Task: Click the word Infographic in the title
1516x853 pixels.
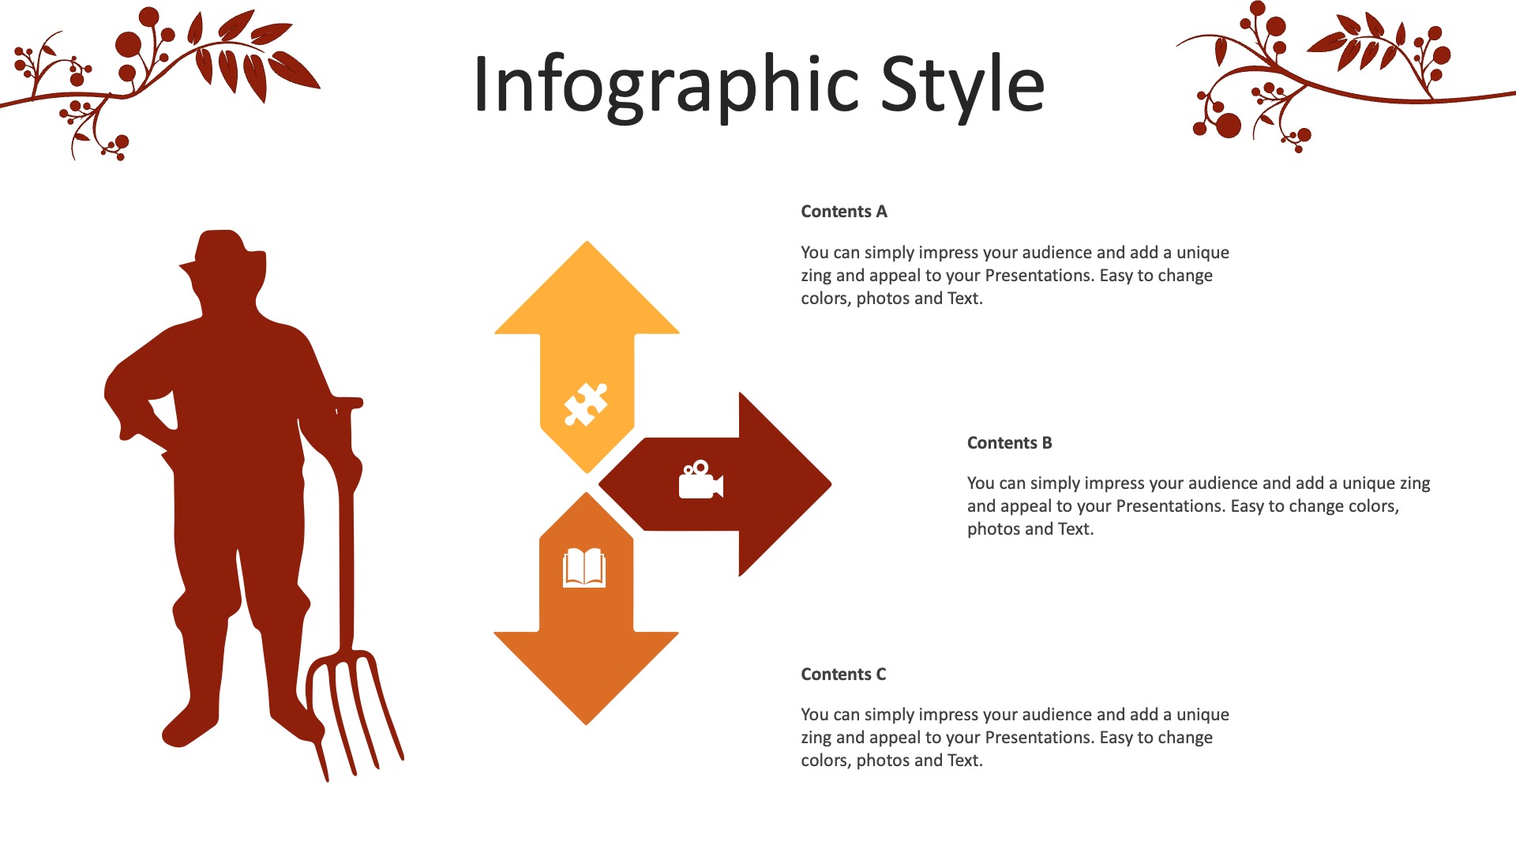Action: point(666,85)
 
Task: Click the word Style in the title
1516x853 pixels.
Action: point(963,84)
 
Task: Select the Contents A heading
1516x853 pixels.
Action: point(844,212)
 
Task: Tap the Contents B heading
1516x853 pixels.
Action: point(1010,443)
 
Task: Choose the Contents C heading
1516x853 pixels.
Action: point(843,675)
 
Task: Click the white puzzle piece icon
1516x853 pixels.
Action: point(586,404)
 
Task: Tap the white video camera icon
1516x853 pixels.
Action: point(701,479)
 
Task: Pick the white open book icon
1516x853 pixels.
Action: point(584,568)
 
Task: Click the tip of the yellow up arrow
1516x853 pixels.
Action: point(587,242)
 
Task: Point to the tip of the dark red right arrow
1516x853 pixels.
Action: point(831,484)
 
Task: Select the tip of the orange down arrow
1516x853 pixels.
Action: point(586,723)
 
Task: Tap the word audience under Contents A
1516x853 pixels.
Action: point(1037,253)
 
